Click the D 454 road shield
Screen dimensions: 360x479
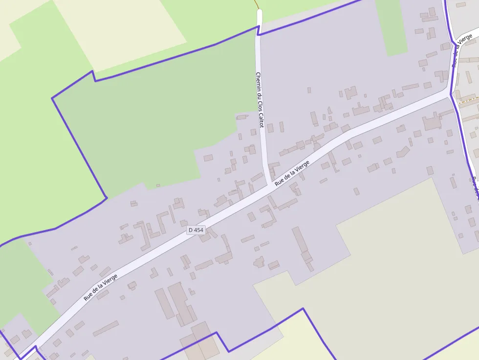pyautogui.click(x=196, y=230)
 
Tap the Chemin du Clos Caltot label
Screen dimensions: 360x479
pyautogui.click(x=260, y=100)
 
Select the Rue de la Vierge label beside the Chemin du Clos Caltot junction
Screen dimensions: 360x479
pyautogui.click(x=292, y=173)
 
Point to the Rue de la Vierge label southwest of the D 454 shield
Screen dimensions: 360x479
pyautogui.click(x=100, y=287)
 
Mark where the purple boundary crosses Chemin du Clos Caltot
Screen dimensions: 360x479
pyautogui.click(x=259, y=29)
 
